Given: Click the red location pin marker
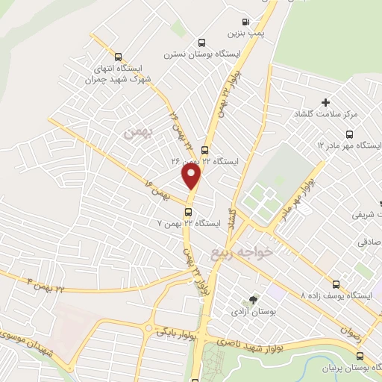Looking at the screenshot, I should coord(192,177).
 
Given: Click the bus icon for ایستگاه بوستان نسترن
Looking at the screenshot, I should coord(202,43).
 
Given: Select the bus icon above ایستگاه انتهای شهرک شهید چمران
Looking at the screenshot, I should coord(118,56).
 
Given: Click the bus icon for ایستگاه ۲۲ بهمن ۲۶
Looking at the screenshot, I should coord(204,149).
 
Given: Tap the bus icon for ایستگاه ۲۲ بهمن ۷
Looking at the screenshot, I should coord(187,211).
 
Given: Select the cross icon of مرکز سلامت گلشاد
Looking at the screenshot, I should coord(325,102).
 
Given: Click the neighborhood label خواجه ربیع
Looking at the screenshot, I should coord(254,251).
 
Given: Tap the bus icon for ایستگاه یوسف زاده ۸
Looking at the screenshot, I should coord(336,284).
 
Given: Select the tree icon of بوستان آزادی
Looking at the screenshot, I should coord(254,299).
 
